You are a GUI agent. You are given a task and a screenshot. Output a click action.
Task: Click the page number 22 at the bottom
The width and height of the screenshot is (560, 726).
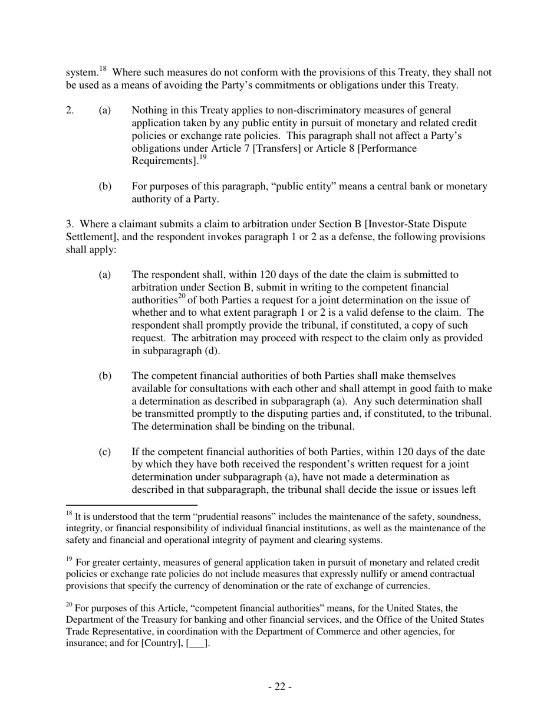point(280,686)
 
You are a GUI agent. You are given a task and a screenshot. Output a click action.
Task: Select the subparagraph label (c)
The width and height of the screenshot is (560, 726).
point(105,452)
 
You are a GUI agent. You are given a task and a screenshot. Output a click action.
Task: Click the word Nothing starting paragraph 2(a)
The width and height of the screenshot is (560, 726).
point(150,110)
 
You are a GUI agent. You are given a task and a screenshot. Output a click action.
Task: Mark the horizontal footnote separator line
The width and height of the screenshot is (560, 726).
point(131,505)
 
